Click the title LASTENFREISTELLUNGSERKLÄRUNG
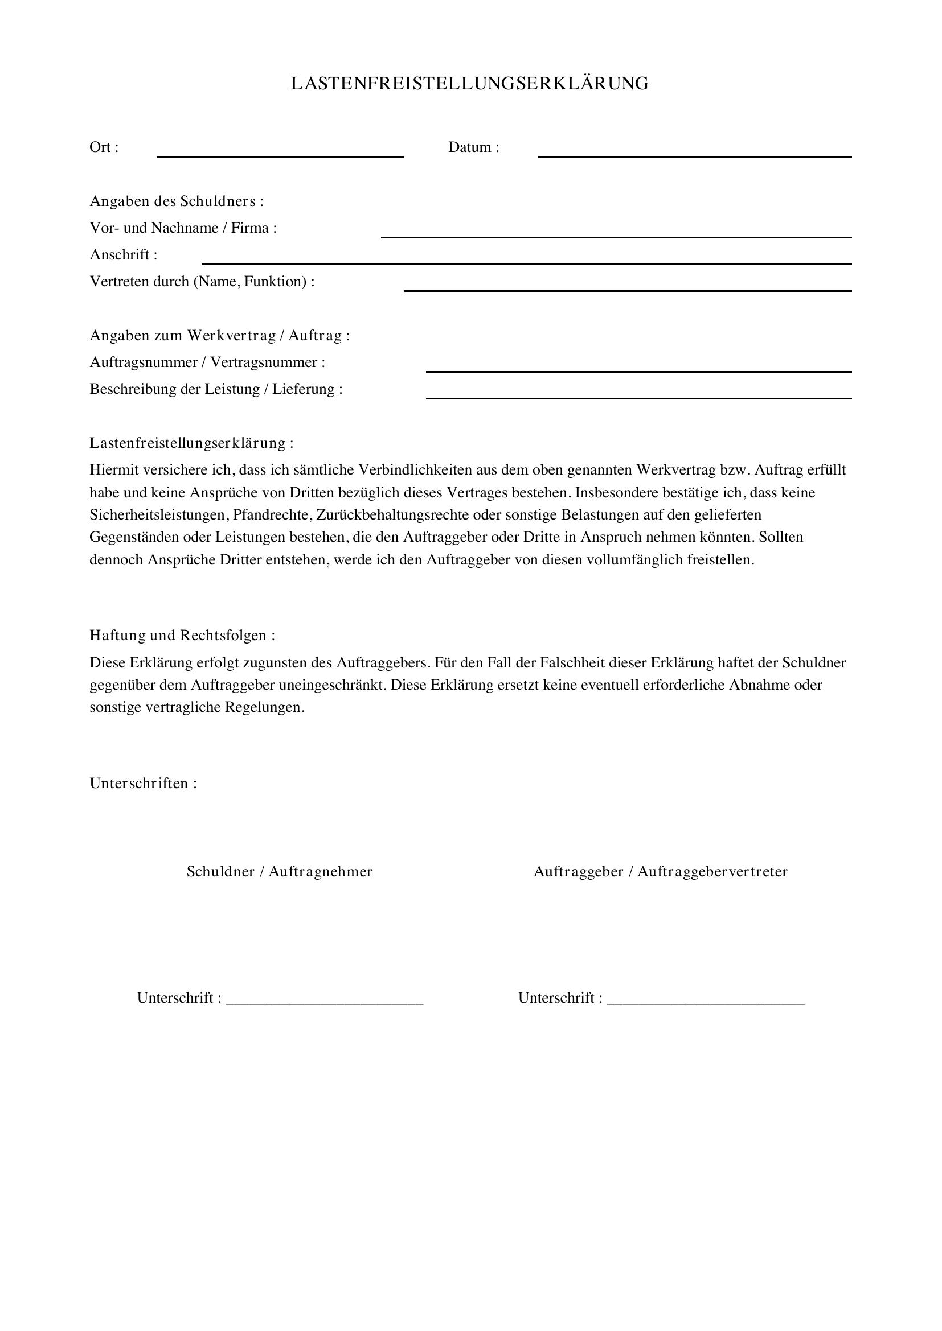(x=470, y=84)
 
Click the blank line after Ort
(x=280, y=155)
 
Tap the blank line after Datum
(x=694, y=155)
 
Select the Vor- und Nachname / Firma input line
(x=616, y=236)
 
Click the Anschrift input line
(x=526, y=262)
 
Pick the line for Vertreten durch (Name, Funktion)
(x=628, y=289)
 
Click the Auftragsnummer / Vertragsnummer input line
(x=638, y=370)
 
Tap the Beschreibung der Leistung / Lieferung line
(x=638, y=397)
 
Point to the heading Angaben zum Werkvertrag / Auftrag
(x=220, y=336)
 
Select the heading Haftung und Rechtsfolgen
(x=182, y=636)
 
